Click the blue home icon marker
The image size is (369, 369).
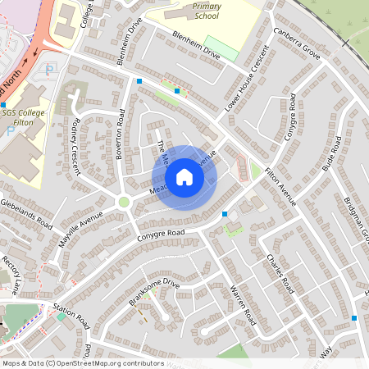[x=184, y=177]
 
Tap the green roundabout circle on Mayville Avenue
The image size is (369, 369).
[x=124, y=202]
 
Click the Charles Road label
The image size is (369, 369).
[x=280, y=273]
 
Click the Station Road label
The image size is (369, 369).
[x=72, y=314]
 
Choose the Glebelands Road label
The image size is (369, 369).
[x=26, y=212]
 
